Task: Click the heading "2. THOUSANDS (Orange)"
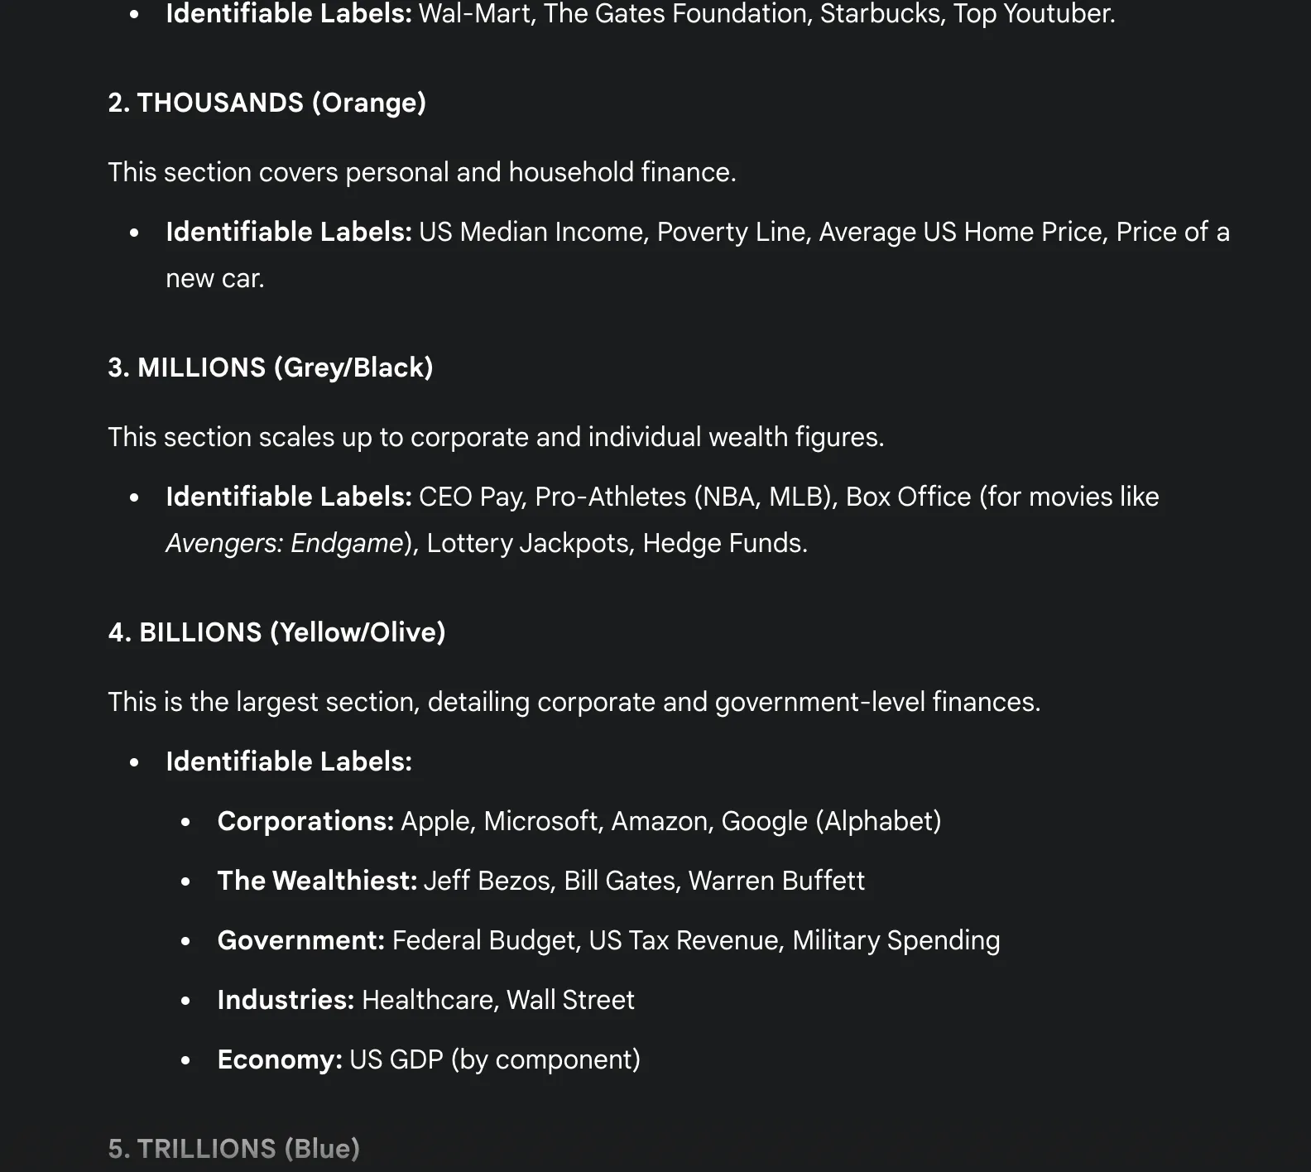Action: (267, 103)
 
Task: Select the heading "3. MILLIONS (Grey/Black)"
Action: (270, 367)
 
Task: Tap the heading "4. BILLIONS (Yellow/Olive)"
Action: (276, 632)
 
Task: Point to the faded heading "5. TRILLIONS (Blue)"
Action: (233, 1149)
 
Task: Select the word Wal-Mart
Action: (474, 14)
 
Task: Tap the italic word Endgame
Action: (347, 543)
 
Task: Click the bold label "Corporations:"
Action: (305, 821)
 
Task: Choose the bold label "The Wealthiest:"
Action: (317, 881)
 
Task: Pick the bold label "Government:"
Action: (300, 940)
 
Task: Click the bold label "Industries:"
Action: (286, 1000)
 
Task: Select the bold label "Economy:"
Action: (280, 1059)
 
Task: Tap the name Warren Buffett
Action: (776, 881)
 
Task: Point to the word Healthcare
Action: (428, 1000)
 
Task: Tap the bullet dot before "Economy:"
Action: (185, 1060)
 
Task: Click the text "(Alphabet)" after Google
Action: (878, 821)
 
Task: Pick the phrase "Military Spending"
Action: (896, 940)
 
